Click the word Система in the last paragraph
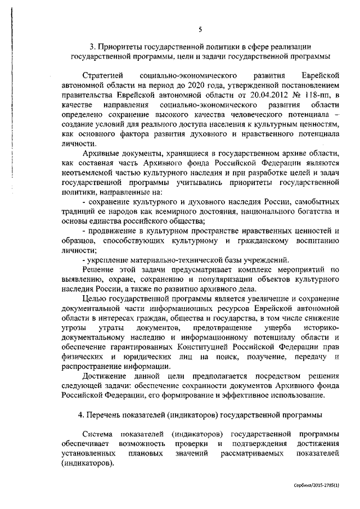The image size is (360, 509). point(97,435)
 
